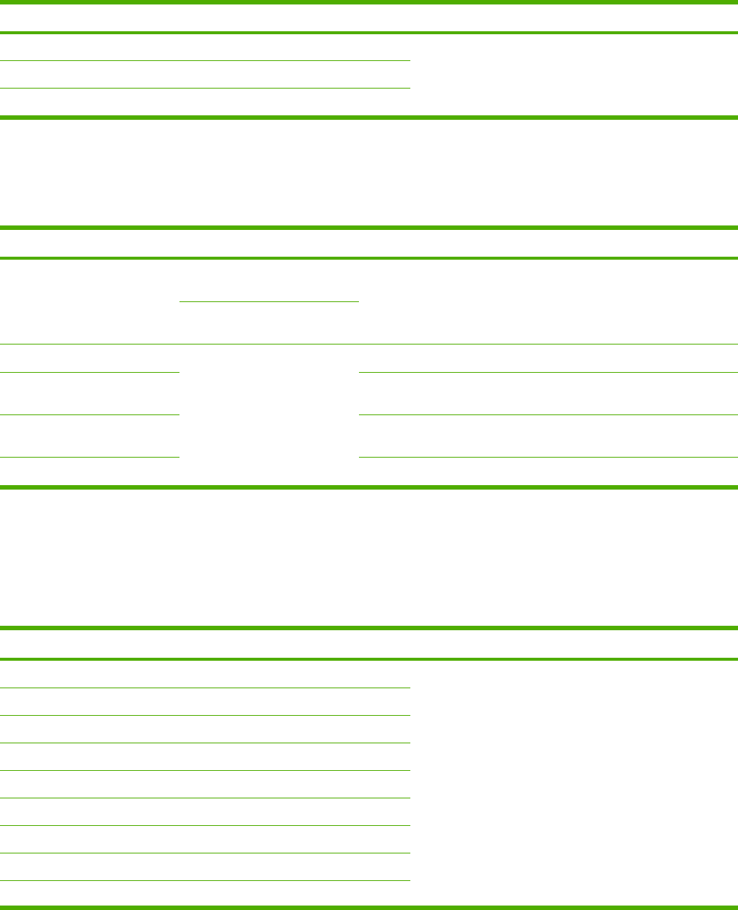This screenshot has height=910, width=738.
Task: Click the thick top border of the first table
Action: pyautogui.click(x=369, y=3)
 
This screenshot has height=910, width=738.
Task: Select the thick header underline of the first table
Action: pyautogui.click(x=369, y=33)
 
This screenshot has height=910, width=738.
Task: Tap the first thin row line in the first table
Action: pyautogui.click(x=205, y=60)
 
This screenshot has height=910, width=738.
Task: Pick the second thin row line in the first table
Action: pyautogui.click(x=205, y=89)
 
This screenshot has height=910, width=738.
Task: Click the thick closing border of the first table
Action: pyautogui.click(x=369, y=117)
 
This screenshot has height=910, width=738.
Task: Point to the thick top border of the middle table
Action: pyautogui.click(x=369, y=228)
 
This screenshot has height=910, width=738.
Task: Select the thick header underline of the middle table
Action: pyautogui.click(x=369, y=257)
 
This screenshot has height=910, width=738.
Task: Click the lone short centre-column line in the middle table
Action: pyautogui.click(x=269, y=301)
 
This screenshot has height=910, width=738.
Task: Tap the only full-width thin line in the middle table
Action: pyautogui.click(x=369, y=344)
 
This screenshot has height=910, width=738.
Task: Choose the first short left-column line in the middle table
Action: pyautogui.click(x=89, y=372)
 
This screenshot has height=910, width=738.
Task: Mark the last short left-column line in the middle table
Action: pyautogui.click(x=89, y=457)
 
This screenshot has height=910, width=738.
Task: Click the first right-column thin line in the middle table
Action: pyautogui.click(x=547, y=372)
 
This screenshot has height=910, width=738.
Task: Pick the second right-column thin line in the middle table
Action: pyautogui.click(x=547, y=414)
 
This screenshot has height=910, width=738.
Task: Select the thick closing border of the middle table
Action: pyautogui.click(x=369, y=487)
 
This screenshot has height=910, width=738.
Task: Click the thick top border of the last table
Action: pyautogui.click(x=369, y=629)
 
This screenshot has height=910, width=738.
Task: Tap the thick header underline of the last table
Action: pyautogui.click(x=369, y=659)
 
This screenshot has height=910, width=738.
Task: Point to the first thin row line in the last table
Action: pyautogui.click(x=205, y=688)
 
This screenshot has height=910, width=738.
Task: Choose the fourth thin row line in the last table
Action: pyautogui.click(x=205, y=770)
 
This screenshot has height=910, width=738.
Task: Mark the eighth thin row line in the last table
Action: pyautogui.click(x=205, y=881)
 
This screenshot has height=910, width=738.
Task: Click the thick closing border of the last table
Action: pyautogui.click(x=369, y=907)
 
